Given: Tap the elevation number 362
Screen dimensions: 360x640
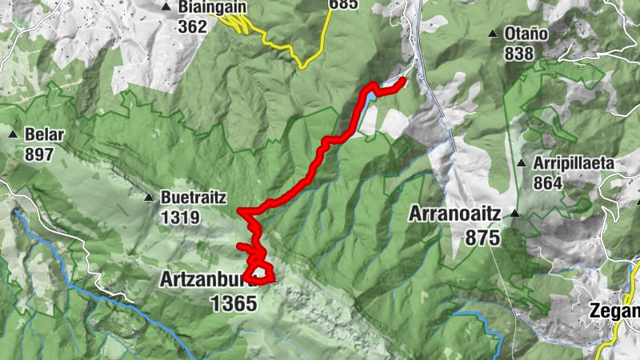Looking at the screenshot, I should click(193, 26).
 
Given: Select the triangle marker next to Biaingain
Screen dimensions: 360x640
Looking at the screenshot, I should click(166, 7).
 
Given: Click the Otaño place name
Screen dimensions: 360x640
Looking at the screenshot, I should click(526, 34).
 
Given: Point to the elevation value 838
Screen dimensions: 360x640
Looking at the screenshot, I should click(519, 53).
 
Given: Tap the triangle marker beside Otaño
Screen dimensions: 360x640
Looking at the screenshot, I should click(493, 34).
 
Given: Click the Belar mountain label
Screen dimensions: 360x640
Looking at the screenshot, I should click(44, 134).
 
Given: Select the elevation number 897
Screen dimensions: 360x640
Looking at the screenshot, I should click(38, 154).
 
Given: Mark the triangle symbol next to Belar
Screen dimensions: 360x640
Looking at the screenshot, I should click(14, 134).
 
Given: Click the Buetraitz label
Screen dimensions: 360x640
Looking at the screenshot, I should click(194, 197).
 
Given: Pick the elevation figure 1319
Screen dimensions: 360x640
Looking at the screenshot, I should click(181, 216).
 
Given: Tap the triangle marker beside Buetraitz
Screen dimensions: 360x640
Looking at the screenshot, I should click(149, 197).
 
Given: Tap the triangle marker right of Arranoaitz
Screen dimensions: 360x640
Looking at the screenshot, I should click(516, 214).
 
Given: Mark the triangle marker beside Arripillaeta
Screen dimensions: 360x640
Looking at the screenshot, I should click(522, 163).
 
